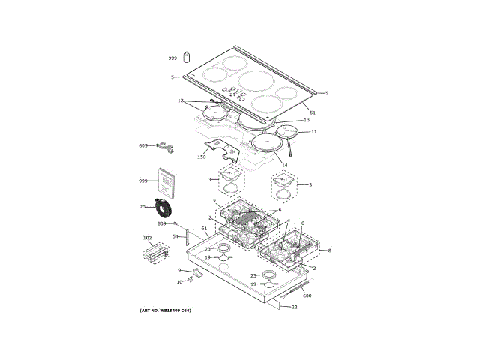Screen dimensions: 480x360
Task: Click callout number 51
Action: pyautogui.click(x=313, y=112)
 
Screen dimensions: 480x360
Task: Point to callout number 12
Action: pyautogui.click(x=181, y=100)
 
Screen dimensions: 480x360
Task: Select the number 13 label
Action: pyautogui.click(x=306, y=120)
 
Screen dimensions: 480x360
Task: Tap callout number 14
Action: pyautogui.click(x=284, y=164)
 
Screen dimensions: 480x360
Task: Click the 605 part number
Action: pyautogui.click(x=143, y=145)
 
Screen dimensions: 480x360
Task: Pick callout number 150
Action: pyautogui.click(x=202, y=157)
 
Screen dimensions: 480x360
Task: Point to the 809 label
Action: pyautogui.click(x=162, y=223)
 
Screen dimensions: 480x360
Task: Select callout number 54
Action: pyautogui.click(x=175, y=236)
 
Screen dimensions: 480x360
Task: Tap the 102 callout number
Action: pyautogui.click(x=148, y=238)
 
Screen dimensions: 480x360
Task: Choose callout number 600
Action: pyautogui.click(x=307, y=295)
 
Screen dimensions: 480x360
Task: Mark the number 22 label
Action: pyautogui.click(x=294, y=307)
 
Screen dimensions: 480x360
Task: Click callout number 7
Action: pyautogui.click(x=215, y=202)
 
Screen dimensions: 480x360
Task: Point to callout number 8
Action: pyautogui.click(x=328, y=250)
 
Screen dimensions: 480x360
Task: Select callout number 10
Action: pyautogui.click(x=179, y=281)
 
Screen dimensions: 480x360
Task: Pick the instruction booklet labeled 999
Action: pyautogui.click(x=164, y=183)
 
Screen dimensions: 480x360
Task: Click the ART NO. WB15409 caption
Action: pyautogui.click(x=165, y=310)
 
